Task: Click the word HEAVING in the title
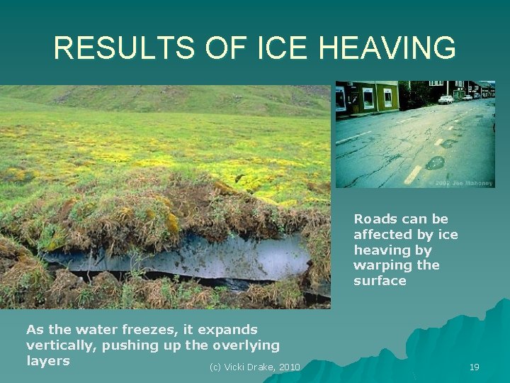387,48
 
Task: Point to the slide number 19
474,367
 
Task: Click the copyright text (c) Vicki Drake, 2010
255,367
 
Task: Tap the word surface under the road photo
380,280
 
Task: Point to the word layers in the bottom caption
47,360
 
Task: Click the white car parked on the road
446,100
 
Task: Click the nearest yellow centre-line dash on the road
412,174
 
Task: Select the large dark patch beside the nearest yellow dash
435,162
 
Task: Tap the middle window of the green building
368,98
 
